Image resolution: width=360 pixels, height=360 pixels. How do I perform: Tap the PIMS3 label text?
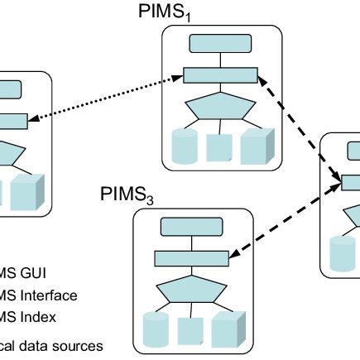[x=128, y=196]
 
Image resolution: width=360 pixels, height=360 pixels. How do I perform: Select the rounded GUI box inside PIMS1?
[x=221, y=44]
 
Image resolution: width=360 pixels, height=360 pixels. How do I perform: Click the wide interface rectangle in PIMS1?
[x=220, y=75]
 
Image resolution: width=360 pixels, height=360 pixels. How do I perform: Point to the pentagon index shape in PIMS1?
[x=220, y=108]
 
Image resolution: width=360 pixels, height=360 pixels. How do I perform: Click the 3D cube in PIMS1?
[x=256, y=146]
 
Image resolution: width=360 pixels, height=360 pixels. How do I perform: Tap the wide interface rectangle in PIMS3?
[x=193, y=257]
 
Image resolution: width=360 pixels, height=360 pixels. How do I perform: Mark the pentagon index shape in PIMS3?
[x=193, y=290]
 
